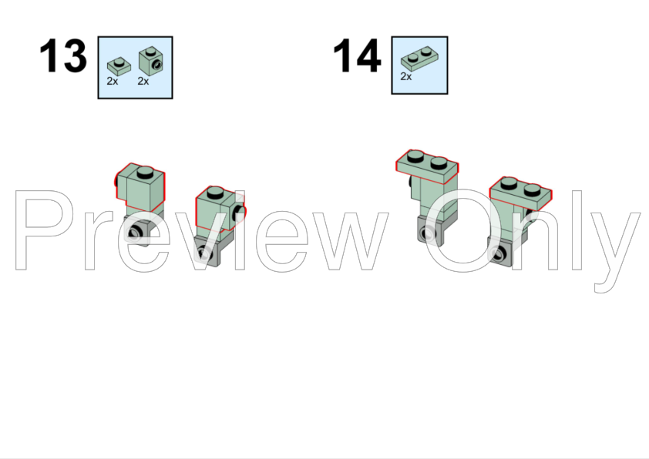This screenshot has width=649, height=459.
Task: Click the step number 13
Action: click(x=63, y=55)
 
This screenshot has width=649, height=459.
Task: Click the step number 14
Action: click(x=357, y=55)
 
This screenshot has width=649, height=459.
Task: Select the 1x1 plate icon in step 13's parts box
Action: click(x=119, y=66)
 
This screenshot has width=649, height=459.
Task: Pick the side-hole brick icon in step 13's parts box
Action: click(x=150, y=61)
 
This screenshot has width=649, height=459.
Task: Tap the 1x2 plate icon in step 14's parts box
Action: click(x=420, y=59)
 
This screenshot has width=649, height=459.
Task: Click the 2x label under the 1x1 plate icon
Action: click(x=113, y=81)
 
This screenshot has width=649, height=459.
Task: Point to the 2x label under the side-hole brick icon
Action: click(x=143, y=81)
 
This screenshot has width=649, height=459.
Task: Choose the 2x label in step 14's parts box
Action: click(x=406, y=76)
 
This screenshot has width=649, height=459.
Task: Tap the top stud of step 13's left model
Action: click(x=145, y=172)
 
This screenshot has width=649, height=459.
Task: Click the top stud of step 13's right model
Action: click(x=215, y=193)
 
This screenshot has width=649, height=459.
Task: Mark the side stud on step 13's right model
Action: click(x=240, y=212)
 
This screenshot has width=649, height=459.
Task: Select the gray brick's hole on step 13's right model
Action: click(x=203, y=253)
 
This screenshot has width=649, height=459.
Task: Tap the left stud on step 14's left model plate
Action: click(x=415, y=156)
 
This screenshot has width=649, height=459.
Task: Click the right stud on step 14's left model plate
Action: click(x=439, y=163)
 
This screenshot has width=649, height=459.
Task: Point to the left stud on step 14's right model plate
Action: click(x=509, y=183)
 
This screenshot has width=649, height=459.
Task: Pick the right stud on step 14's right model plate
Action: click(x=533, y=189)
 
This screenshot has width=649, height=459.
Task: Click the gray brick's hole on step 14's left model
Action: click(x=428, y=233)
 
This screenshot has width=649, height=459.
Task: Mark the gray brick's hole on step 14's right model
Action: click(x=497, y=253)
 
